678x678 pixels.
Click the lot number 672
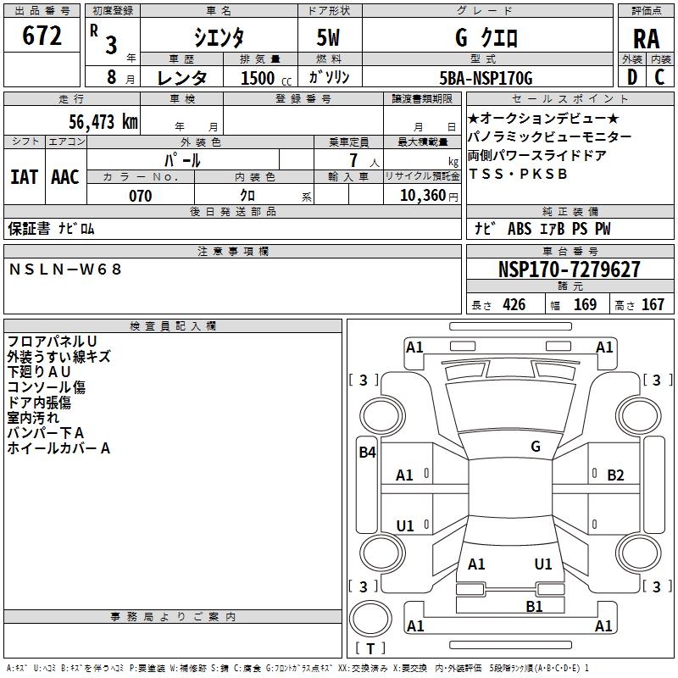coord(42,37)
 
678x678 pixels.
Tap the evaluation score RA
coord(646,38)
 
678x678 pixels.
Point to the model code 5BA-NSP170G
coord(486,78)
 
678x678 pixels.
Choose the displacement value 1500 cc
coord(259,78)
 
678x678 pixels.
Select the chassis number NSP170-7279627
coord(569,270)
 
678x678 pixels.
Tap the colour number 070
coord(140,196)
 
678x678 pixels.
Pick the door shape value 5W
coord(329,38)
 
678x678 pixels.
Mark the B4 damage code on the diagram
coord(367,453)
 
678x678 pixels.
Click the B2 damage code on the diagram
coord(615,475)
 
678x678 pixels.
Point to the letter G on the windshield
coord(536,447)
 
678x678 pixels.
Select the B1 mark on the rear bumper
coord(534,606)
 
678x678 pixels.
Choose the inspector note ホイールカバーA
coord(58,448)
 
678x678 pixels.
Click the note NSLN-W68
coord(66,270)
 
